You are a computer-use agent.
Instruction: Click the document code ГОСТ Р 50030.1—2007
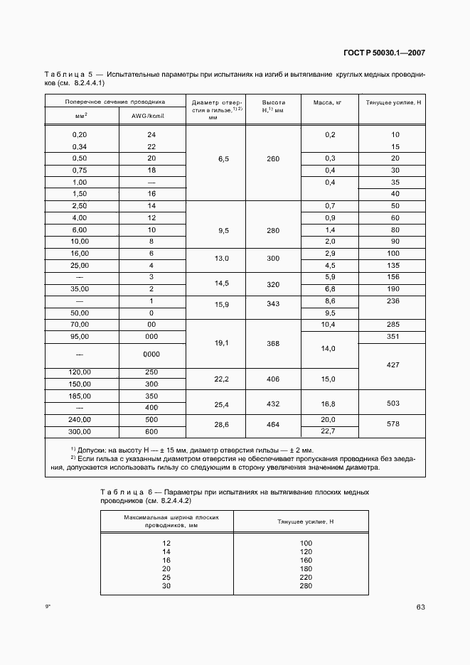[x=385, y=53]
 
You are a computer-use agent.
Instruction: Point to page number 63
[x=420, y=607]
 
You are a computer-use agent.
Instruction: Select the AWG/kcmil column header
[x=151, y=115]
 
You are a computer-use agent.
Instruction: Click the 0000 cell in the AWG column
[x=151, y=353]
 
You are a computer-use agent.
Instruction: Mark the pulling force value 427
[x=392, y=364]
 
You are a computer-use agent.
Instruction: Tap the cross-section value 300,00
[x=80, y=431]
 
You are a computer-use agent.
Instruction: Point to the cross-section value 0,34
[x=80, y=146]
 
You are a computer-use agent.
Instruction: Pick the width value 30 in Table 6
[x=167, y=586]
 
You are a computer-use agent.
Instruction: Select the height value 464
[x=273, y=424]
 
